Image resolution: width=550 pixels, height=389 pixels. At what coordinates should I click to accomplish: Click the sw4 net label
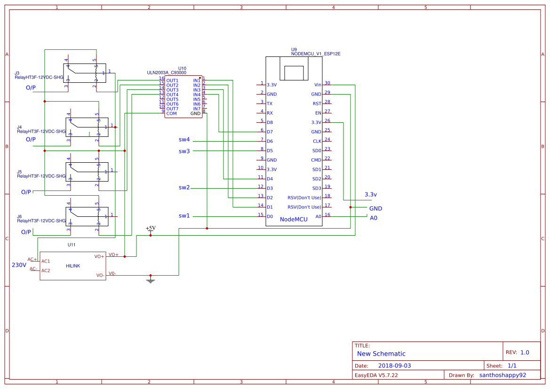point(184,140)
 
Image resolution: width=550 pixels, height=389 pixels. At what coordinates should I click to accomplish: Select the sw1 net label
point(184,216)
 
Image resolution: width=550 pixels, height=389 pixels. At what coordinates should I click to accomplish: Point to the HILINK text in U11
point(73,266)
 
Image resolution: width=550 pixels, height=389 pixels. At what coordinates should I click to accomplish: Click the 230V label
point(19,265)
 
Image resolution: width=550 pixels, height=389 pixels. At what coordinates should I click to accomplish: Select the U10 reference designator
point(182,69)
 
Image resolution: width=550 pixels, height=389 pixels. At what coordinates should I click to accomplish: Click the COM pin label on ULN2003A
point(172,113)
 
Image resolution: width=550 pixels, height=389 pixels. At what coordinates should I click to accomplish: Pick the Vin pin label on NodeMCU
point(318,85)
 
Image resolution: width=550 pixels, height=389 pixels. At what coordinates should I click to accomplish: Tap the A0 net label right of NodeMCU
point(374,218)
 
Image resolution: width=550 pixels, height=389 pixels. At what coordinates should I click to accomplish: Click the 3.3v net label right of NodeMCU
point(371,194)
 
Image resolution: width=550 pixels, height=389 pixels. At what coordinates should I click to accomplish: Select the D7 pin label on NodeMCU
point(270,132)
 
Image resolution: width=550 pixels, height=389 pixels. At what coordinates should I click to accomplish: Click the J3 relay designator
point(17,73)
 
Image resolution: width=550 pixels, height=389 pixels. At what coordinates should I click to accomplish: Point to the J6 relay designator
point(19,216)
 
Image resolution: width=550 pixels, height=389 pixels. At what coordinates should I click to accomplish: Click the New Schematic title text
point(381,354)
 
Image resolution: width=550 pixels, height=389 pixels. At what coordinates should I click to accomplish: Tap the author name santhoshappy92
point(502,375)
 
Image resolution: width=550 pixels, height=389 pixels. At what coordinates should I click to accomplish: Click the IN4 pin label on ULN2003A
point(197,95)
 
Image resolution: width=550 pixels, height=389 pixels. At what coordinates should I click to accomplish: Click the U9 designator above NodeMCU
point(294,49)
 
